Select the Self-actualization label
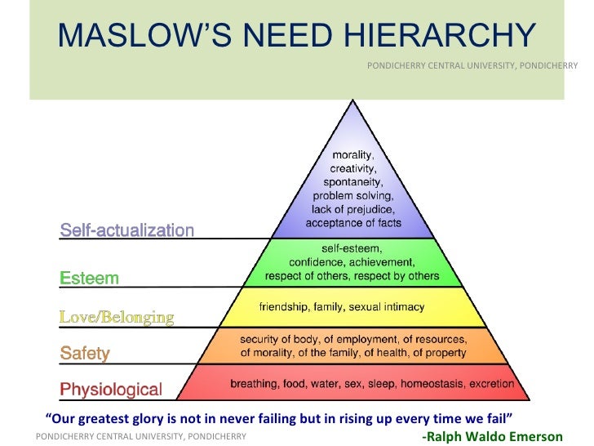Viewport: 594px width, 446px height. (127, 230)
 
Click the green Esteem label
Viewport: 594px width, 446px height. (90, 279)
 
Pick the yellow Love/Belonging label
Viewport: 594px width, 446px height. (117, 316)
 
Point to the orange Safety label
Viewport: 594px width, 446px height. (86, 354)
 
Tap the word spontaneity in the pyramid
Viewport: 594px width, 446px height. (352, 182)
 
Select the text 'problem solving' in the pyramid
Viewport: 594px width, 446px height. (352, 196)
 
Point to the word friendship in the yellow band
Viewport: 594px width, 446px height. (285, 307)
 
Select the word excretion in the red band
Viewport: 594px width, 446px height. (490, 383)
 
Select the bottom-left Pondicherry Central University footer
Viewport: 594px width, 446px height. (141, 436)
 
